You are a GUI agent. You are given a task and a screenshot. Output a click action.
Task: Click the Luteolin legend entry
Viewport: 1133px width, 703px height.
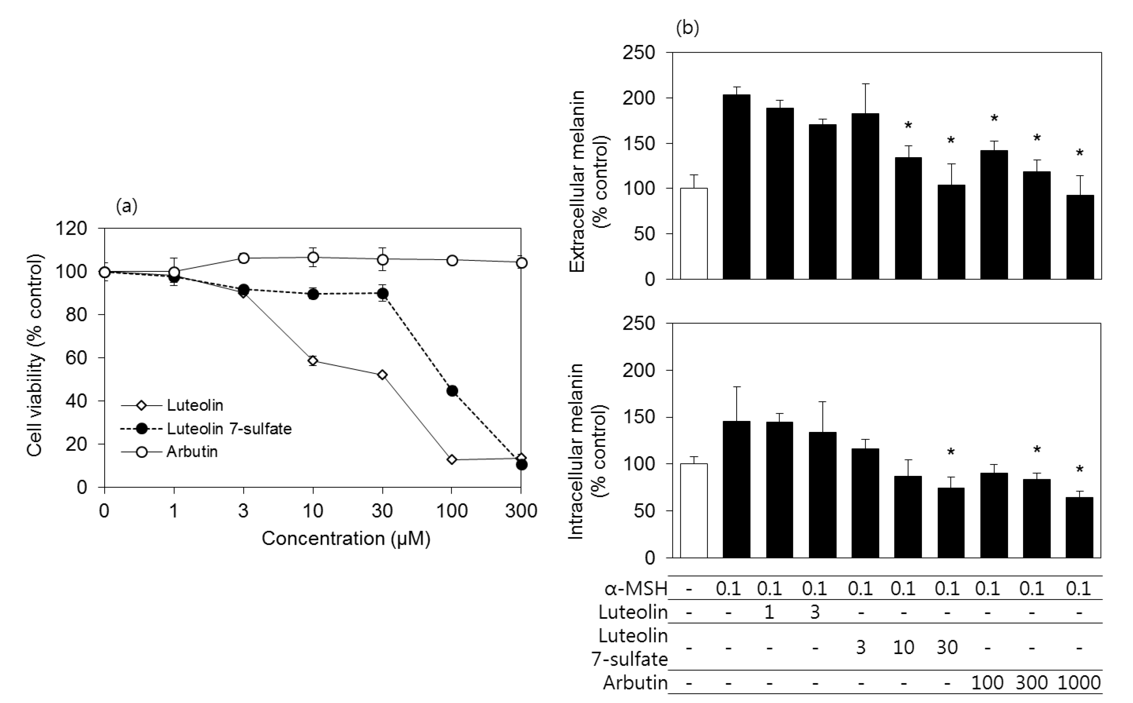tap(195, 405)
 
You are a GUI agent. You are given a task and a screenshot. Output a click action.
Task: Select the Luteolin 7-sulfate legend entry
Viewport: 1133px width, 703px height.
tap(229, 429)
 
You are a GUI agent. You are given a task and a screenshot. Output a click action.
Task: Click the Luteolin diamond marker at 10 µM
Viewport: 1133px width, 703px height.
tap(313, 361)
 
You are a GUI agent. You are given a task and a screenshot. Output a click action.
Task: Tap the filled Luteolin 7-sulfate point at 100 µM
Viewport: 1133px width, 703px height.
tap(452, 391)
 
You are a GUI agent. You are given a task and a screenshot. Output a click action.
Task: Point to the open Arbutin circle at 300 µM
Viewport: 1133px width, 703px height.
tap(522, 263)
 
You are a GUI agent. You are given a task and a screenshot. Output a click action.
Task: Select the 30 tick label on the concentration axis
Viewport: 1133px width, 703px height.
tap(382, 511)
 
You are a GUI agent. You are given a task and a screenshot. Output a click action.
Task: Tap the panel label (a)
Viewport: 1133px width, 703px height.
tap(127, 206)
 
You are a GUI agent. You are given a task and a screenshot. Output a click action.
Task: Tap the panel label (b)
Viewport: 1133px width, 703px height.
tap(687, 28)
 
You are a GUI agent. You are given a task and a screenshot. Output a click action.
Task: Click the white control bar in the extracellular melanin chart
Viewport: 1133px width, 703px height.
tap(694, 233)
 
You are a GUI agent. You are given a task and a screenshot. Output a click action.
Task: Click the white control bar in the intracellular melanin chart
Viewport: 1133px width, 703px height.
tap(694, 511)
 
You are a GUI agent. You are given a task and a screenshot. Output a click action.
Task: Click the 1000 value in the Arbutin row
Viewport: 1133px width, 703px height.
tap(1079, 683)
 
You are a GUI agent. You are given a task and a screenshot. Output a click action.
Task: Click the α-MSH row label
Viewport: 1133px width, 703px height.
tap(635, 589)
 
